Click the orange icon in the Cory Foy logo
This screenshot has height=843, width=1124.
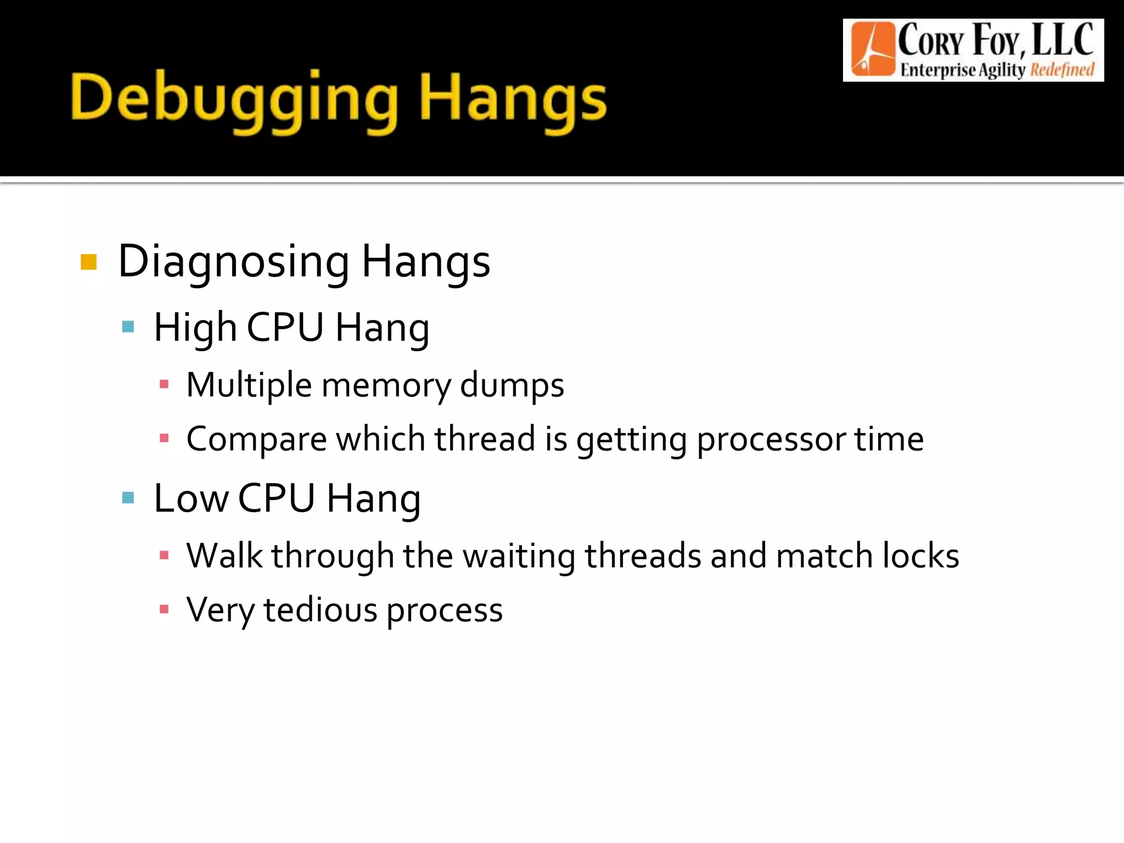click(872, 49)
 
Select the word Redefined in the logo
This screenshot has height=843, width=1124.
click(1062, 70)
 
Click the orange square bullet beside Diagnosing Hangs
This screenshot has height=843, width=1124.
click(88, 262)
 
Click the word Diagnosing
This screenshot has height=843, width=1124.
click(233, 262)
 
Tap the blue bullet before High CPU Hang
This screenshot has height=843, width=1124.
click(128, 327)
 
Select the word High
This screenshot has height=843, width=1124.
click(195, 328)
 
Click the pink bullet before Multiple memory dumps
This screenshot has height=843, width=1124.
click(164, 385)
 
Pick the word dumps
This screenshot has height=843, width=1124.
click(512, 385)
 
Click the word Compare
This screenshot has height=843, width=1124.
click(256, 440)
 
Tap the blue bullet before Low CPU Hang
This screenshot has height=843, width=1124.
click(128, 498)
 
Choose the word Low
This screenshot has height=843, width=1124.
click(190, 498)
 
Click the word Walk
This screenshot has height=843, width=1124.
click(224, 555)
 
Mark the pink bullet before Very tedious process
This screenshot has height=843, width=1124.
click(164, 609)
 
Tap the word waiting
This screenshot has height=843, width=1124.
click(519, 556)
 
